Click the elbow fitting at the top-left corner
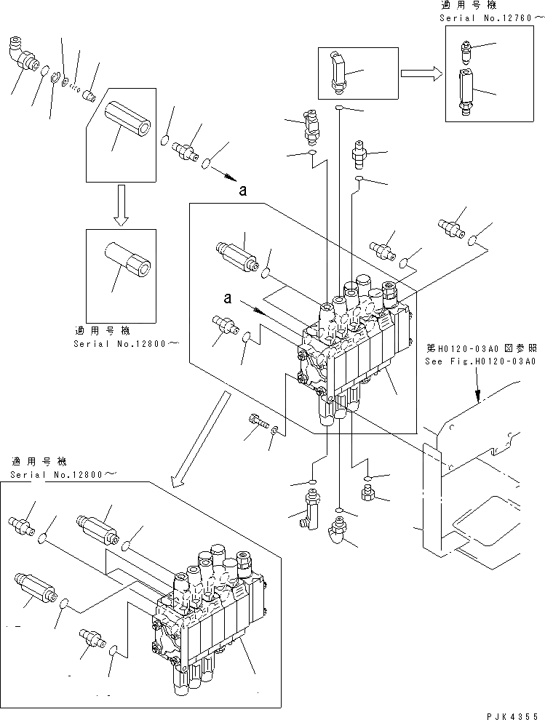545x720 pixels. point(23,58)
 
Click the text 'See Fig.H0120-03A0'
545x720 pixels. point(481,361)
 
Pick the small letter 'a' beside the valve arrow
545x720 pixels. point(228,298)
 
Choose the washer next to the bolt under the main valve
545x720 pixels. point(274,433)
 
